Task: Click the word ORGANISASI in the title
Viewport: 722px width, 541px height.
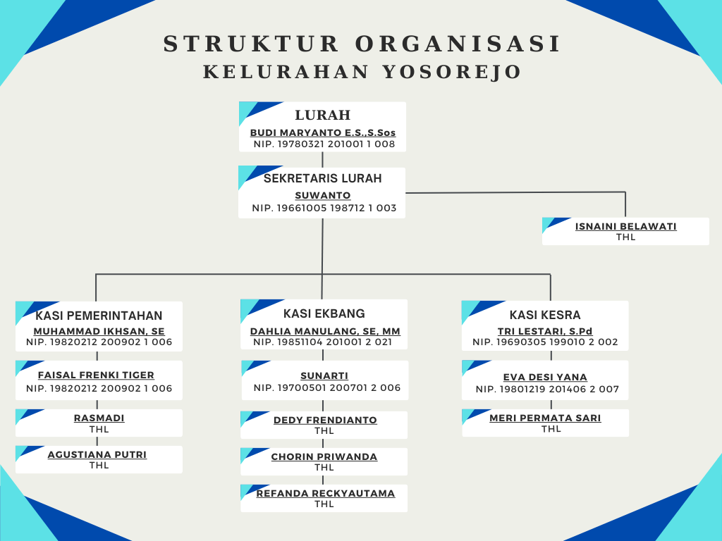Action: (458, 44)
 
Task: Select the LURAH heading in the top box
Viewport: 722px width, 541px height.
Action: (322, 116)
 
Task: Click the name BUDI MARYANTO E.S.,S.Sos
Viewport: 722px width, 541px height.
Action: (323, 132)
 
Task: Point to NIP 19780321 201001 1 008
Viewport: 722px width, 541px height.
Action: (324, 144)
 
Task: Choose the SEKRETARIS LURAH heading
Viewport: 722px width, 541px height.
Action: (322, 178)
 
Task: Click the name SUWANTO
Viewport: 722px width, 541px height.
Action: (322, 196)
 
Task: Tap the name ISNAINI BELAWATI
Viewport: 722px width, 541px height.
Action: (625, 226)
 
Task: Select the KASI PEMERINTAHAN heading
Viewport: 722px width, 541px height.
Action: (99, 316)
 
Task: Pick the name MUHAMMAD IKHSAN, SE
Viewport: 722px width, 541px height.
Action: (99, 331)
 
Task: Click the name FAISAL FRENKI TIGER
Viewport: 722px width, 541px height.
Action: (96, 375)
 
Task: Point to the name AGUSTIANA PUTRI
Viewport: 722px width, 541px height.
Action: (97, 454)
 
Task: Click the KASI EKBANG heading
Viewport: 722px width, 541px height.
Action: (324, 313)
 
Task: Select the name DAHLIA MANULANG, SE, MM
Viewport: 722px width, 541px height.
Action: (325, 331)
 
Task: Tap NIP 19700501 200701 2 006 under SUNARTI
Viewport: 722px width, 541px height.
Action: (326, 388)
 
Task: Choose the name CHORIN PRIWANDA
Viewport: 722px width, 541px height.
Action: (324, 456)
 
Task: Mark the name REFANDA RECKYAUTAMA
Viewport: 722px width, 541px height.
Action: (325, 493)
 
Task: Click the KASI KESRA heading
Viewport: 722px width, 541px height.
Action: (545, 315)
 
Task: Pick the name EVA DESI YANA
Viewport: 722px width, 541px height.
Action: (545, 377)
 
